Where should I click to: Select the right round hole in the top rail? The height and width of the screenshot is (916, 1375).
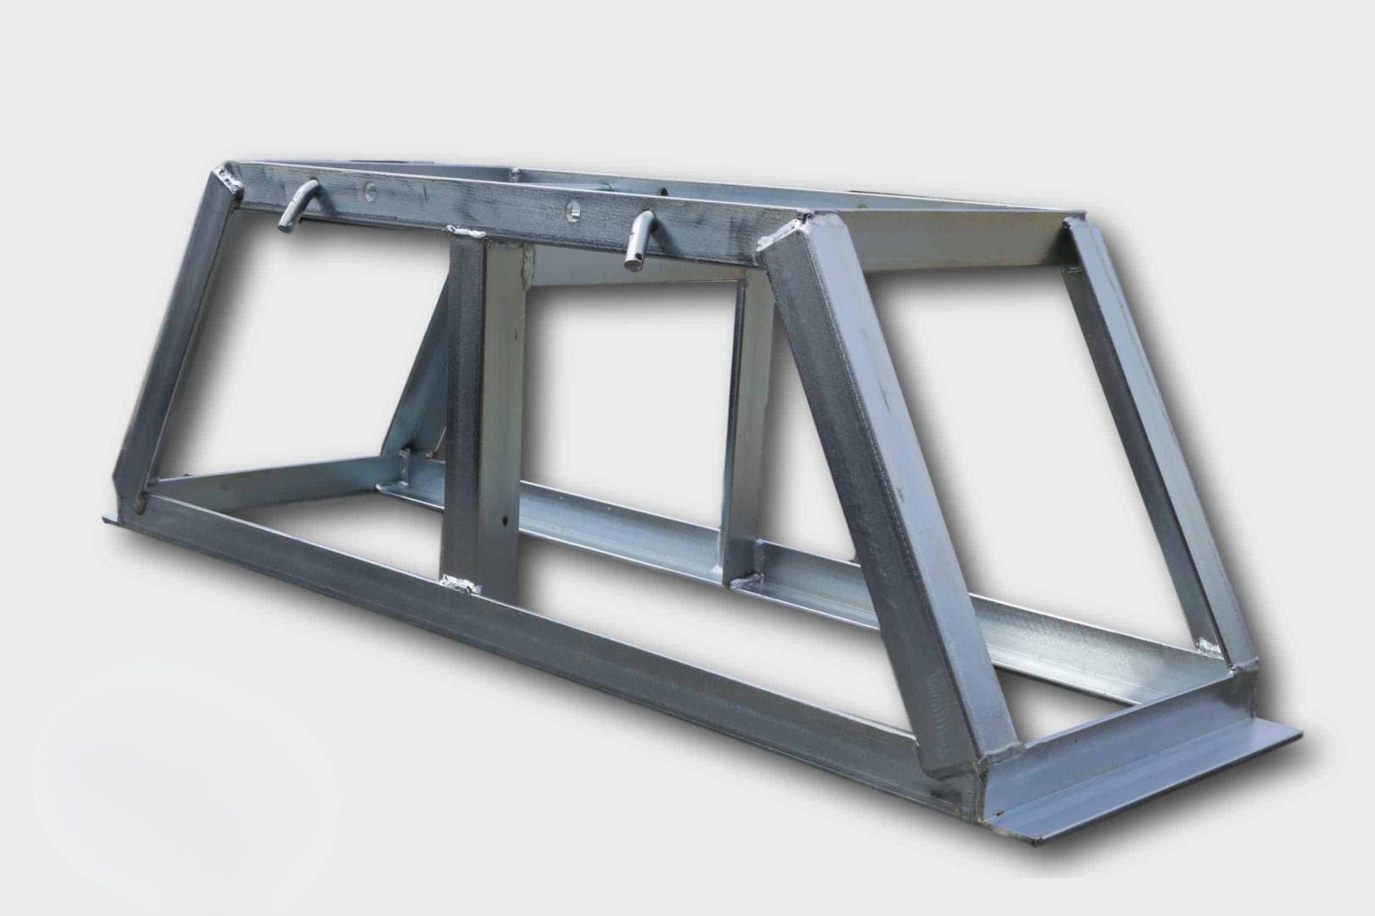coord(571,212)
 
